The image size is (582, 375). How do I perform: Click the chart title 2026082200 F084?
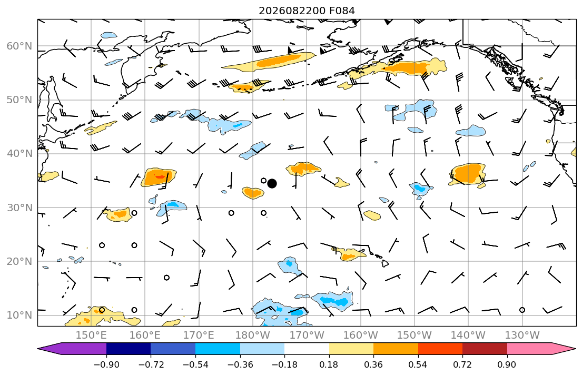tap(307, 11)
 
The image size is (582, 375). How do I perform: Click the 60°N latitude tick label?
tap(19, 46)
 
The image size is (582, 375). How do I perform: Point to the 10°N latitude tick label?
tap(19, 315)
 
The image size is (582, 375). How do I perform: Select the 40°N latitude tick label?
tap(19, 154)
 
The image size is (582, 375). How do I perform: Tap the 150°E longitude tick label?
tap(91, 335)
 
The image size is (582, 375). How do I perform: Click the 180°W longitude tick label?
tap(253, 335)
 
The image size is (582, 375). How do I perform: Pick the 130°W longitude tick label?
tap(522, 335)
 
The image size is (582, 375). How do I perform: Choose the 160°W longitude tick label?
tap(360, 335)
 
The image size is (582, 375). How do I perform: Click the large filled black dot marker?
tap(272, 183)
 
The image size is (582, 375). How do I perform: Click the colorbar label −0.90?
tap(106, 364)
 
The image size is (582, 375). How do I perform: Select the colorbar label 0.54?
tap(418, 364)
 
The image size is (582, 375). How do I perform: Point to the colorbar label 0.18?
tap(329, 364)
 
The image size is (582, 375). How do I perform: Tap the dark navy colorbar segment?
tap(129, 349)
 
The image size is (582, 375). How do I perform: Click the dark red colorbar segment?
tap(485, 349)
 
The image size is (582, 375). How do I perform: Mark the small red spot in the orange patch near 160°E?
tap(160, 177)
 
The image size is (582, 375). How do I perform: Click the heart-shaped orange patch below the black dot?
tap(253, 193)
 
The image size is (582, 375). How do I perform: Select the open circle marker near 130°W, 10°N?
tap(522, 310)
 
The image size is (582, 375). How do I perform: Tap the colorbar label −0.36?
tap(240, 364)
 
